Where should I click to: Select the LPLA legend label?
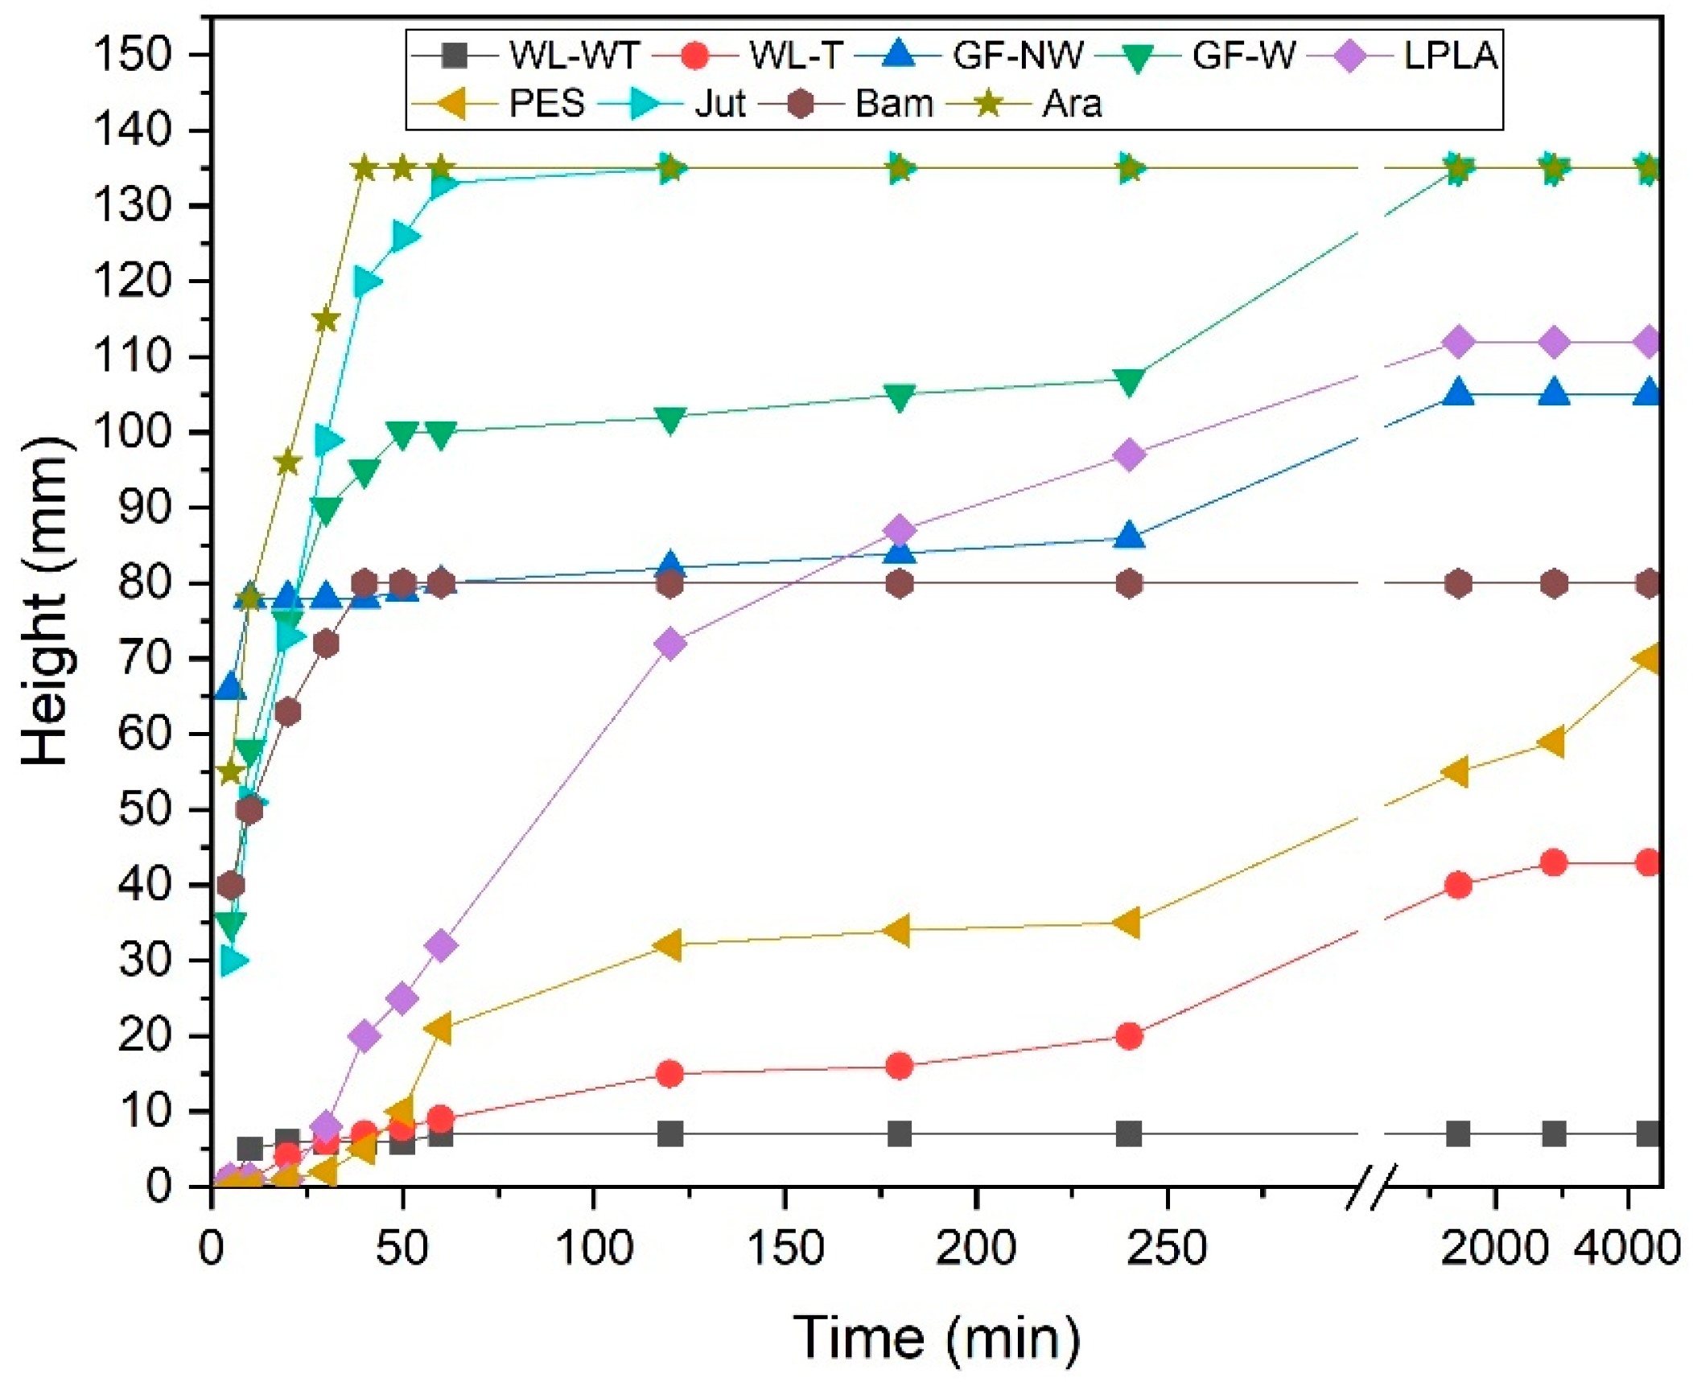[1449, 56]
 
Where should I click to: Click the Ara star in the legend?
[987, 104]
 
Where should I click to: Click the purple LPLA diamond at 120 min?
[669, 644]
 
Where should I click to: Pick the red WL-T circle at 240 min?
[1129, 1036]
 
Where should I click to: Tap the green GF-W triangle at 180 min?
[899, 397]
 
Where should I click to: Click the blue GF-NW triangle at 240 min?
[1129, 536]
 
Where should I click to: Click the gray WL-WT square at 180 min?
[899, 1134]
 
